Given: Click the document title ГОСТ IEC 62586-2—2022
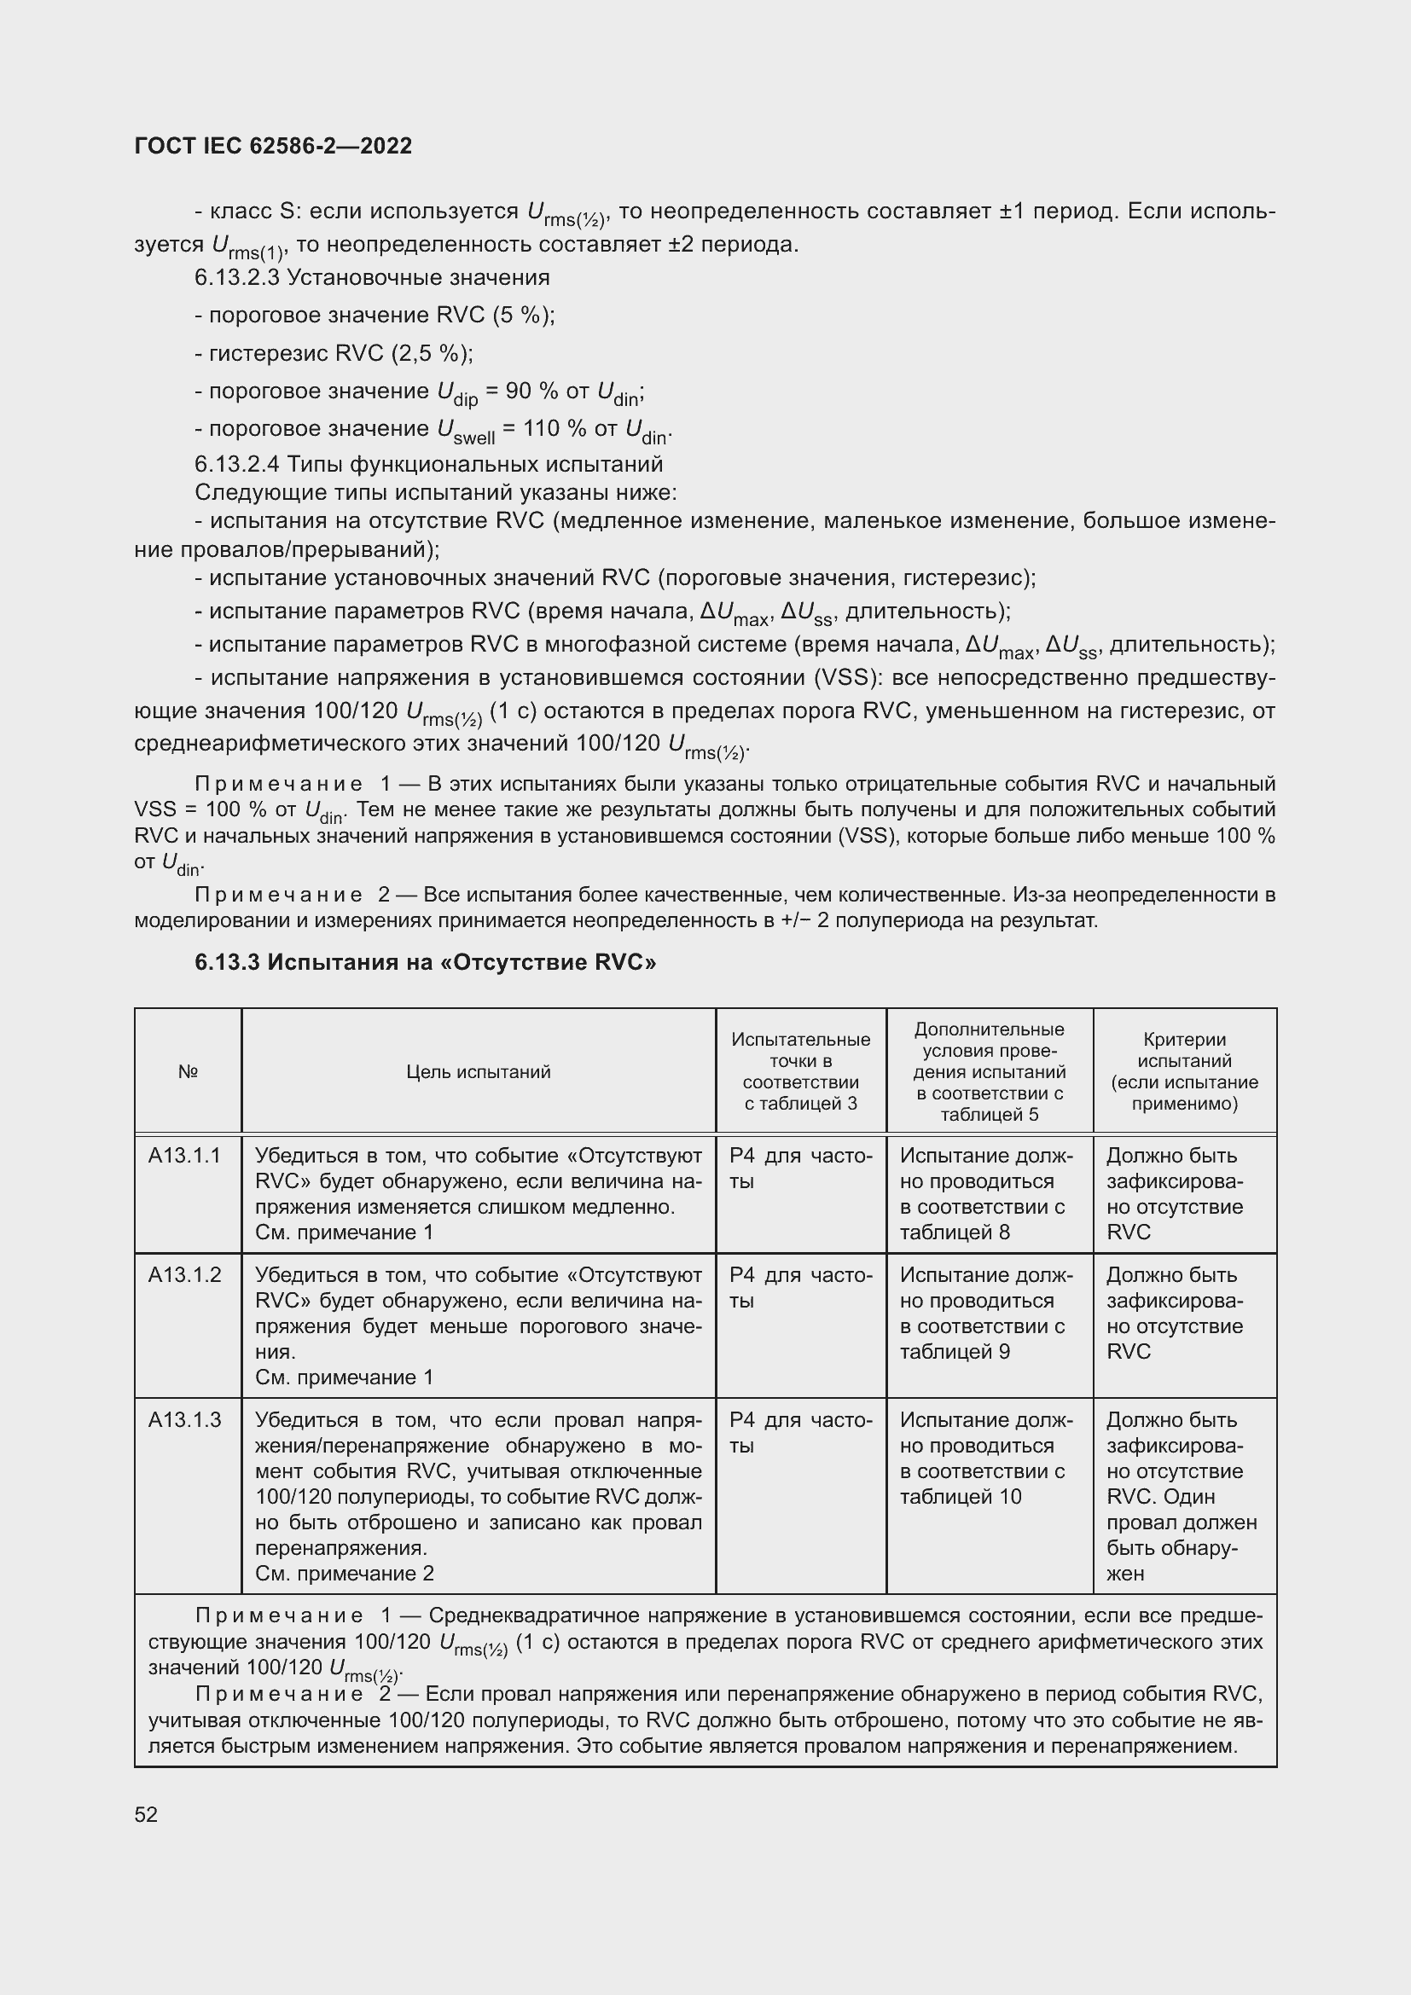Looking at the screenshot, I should (x=273, y=146).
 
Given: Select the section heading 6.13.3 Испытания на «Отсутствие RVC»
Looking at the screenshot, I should (x=425, y=962).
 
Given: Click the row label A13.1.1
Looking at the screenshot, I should (x=184, y=1155).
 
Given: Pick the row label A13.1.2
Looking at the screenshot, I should (x=184, y=1274).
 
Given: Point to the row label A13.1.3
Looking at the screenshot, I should (x=184, y=1420).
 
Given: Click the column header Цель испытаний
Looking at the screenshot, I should (x=478, y=1071).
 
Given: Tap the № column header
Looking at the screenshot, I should (x=188, y=1071).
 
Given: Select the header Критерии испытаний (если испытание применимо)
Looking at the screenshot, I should (x=1184, y=1071).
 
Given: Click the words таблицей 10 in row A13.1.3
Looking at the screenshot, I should (x=960, y=1496).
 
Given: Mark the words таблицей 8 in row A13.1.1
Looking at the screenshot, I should (x=954, y=1232).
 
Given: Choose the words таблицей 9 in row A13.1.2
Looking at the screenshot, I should (x=954, y=1351).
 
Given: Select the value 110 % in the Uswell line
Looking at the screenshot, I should (x=553, y=428).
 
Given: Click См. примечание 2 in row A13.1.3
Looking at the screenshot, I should (x=344, y=1574).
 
